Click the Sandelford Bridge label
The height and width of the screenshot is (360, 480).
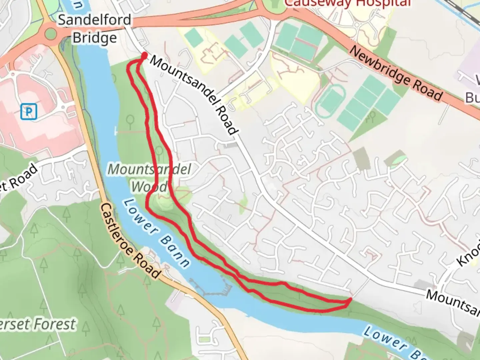pos(95,29)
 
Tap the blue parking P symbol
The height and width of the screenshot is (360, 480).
pos(28,111)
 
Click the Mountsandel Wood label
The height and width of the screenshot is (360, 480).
pos(149,178)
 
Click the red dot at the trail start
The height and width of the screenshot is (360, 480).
pos(145,55)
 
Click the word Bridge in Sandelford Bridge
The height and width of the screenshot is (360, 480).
pos(95,38)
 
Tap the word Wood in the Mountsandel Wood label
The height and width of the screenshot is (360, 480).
pos(149,187)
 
